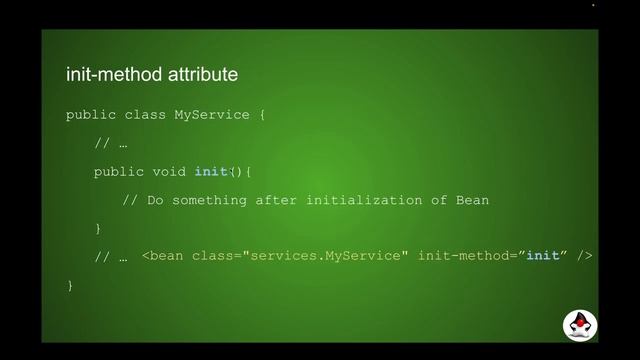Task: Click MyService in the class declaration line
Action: coord(212,115)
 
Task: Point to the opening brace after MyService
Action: coord(262,115)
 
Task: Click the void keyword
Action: coord(169,172)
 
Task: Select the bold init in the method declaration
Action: coord(212,172)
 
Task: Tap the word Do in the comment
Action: coord(155,200)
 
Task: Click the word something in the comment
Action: coord(209,200)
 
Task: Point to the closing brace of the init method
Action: coord(98,229)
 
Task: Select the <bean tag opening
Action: coord(163,257)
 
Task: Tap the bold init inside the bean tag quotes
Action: coord(542,257)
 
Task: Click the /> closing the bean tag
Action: coord(585,257)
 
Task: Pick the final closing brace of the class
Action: coord(70,286)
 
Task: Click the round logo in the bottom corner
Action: coord(577,325)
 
